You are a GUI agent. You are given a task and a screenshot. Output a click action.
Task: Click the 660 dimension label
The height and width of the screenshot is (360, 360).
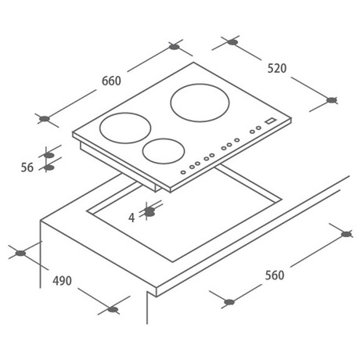coord(111,81)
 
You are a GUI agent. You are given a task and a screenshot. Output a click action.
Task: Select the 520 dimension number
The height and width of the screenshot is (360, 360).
coord(277,68)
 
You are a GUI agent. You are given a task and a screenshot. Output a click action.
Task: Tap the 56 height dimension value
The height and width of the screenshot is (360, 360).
coord(27,167)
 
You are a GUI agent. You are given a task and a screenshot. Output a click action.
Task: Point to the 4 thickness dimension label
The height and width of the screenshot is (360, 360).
coord(131,218)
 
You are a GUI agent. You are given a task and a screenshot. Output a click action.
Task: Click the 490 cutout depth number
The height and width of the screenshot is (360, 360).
coord(62,281)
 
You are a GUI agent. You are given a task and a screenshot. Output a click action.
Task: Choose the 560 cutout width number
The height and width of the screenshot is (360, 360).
coord(275,275)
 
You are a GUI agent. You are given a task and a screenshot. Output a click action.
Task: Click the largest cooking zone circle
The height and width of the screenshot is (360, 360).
coord(200,103)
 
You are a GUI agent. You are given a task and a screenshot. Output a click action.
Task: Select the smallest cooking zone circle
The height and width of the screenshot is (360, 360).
coord(164,151)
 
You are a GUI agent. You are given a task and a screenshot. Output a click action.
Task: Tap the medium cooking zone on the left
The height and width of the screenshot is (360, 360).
coord(125,128)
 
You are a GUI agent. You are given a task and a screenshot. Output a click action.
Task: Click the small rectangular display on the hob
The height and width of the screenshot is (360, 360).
coord(270,121)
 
